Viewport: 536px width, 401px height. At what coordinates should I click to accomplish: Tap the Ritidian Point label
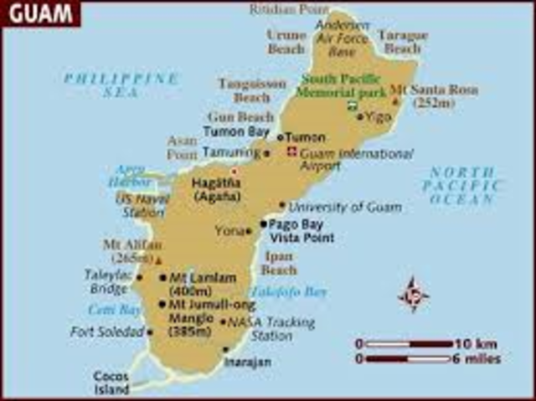coord(287,9)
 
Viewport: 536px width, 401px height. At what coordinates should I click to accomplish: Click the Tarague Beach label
coord(403,42)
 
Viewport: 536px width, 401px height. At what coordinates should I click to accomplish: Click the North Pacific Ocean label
coord(463,186)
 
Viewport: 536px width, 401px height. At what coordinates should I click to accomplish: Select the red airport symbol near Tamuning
coord(291,151)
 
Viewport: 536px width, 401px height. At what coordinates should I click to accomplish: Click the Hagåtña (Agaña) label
coord(217,189)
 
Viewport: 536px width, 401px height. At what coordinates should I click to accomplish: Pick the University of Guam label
coord(345,206)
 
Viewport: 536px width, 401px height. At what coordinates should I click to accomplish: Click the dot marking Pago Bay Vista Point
coord(265,224)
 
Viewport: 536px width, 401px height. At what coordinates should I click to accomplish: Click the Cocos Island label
coord(111,383)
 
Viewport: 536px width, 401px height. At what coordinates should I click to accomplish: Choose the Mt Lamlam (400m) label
coord(202,284)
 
